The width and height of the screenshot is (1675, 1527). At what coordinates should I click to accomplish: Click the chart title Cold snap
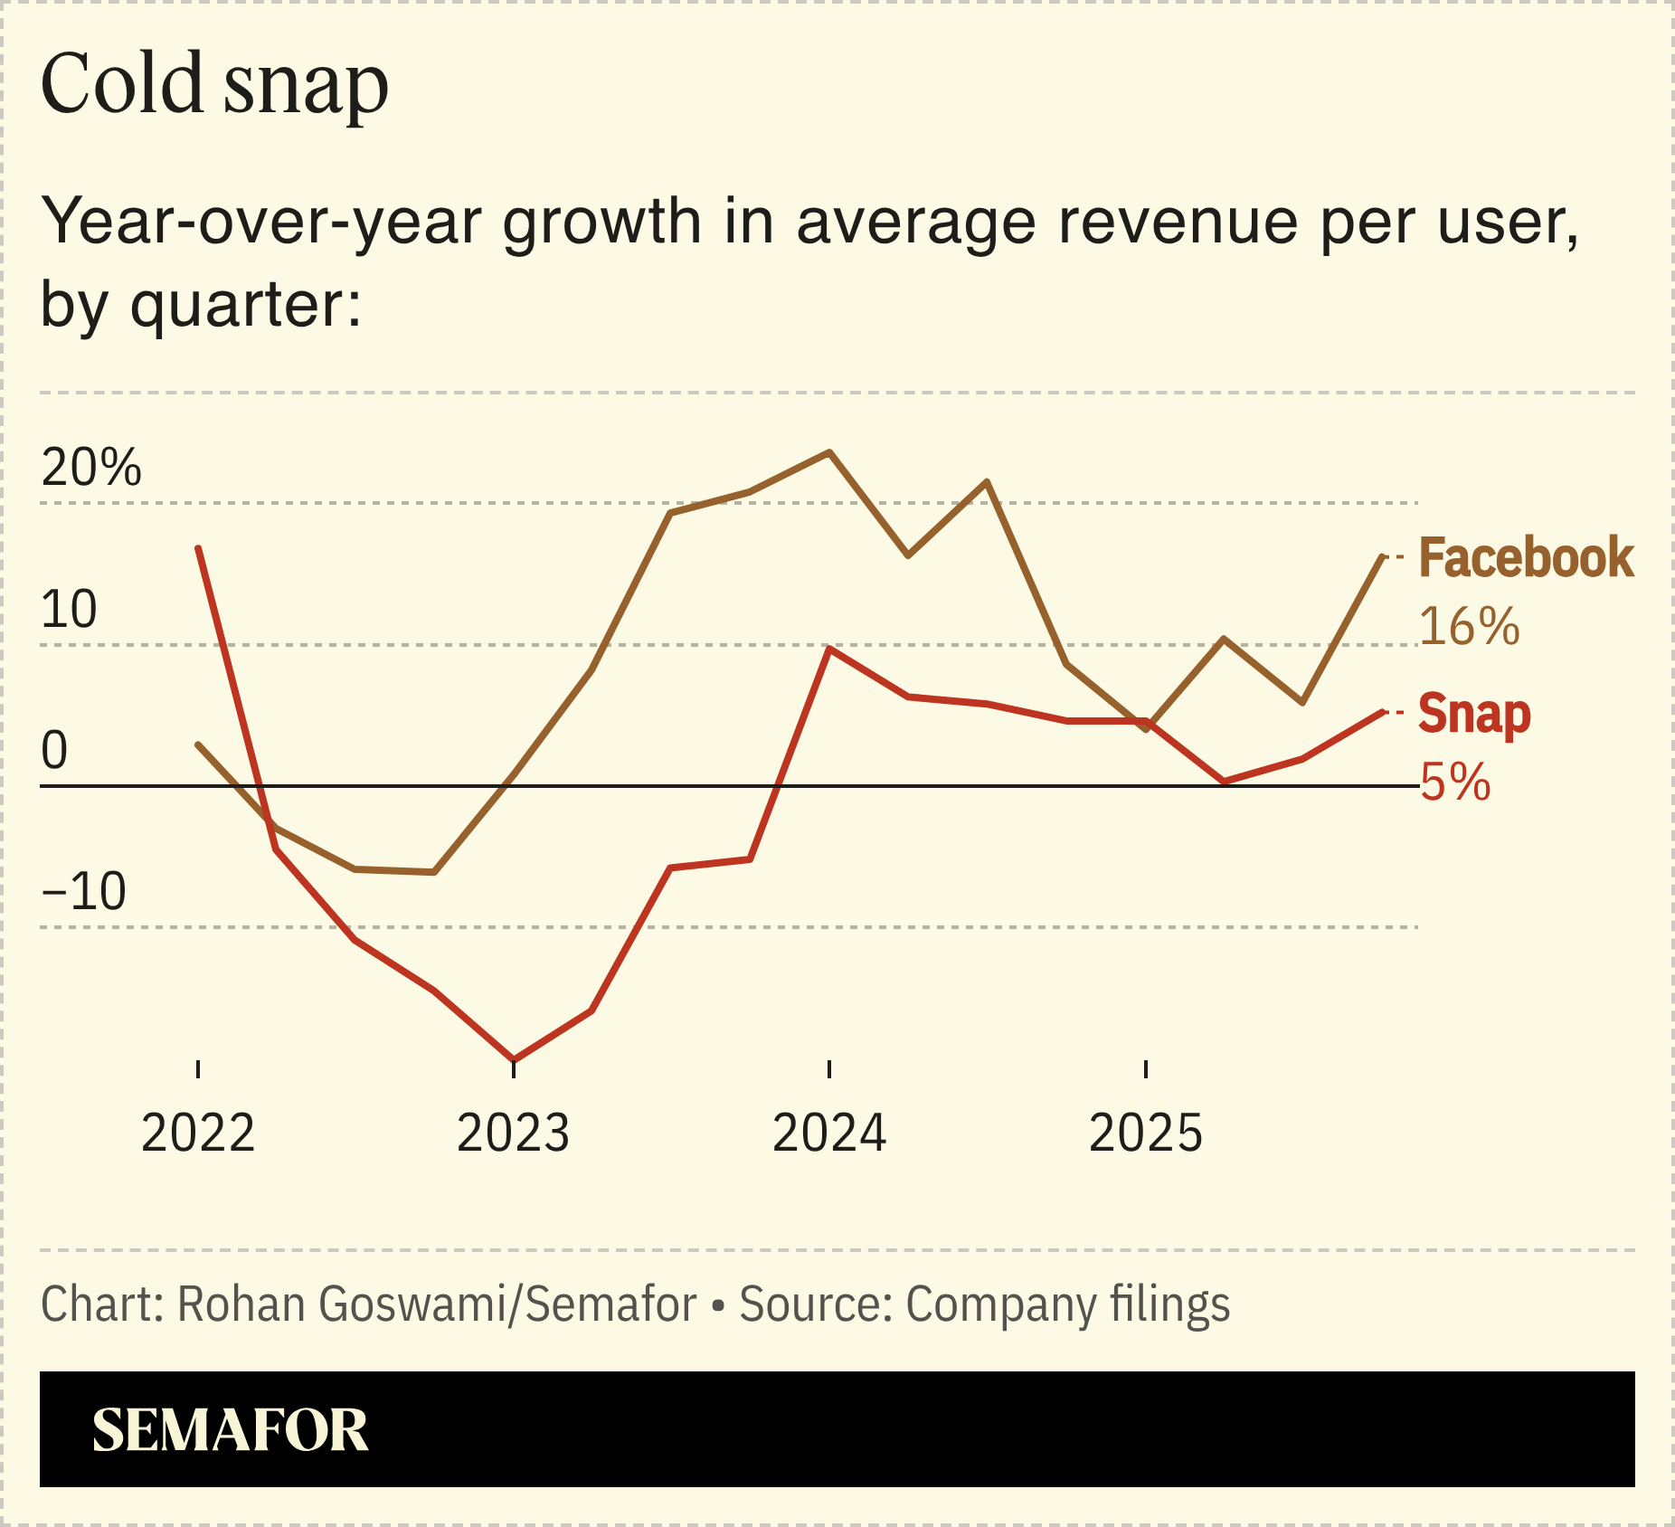point(214,84)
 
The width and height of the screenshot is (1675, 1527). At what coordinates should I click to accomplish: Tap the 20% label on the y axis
point(91,468)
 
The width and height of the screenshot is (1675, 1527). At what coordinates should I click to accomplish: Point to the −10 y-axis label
point(83,892)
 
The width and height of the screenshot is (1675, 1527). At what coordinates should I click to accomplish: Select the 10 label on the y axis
point(69,609)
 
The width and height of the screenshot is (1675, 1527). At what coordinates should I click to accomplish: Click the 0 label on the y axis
point(54,750)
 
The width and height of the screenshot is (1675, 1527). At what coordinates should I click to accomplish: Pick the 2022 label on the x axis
point(198,1133)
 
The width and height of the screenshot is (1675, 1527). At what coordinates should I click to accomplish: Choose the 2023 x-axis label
point(513,1133)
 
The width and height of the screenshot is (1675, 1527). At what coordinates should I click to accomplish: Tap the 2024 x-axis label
point(829,1133)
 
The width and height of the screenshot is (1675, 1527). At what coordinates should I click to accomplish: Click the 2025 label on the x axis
point(1146,1133)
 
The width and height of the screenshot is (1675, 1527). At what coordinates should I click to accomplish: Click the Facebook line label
point(1526,557)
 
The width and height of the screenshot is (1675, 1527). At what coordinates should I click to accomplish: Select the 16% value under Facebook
point(1469,626)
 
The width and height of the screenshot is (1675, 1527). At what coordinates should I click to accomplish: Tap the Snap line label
point(1474,714)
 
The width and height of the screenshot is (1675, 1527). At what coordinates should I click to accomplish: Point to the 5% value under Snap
point(1455,782)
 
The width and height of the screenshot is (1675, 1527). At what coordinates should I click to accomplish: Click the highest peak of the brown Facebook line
point(829,452)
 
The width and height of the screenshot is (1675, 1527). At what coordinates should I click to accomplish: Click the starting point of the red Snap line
point(198,548)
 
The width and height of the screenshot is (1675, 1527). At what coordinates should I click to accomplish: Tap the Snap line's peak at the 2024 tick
point(829,650)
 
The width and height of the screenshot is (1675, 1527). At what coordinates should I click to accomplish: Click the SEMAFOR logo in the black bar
point(230,1431)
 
